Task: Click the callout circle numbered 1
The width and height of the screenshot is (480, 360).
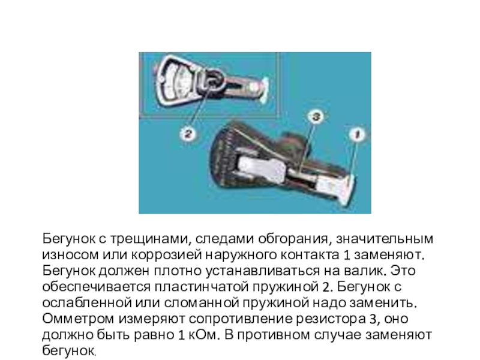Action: (x=357, y=134)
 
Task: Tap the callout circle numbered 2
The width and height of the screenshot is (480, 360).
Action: (x=187, y=133)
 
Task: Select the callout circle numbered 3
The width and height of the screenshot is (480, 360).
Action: (x=316, y=116)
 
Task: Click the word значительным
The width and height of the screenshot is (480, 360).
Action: (x=385, y=238)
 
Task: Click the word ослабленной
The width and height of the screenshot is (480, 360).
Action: (x=87, y=303)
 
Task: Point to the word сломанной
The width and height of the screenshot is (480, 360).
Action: (x=201, y=303)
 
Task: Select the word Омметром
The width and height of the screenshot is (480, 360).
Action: (x=78, y=319)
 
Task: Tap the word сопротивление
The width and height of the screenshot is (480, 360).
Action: (x=241, y=319)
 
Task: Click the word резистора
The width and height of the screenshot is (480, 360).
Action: (x=331, y=319)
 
